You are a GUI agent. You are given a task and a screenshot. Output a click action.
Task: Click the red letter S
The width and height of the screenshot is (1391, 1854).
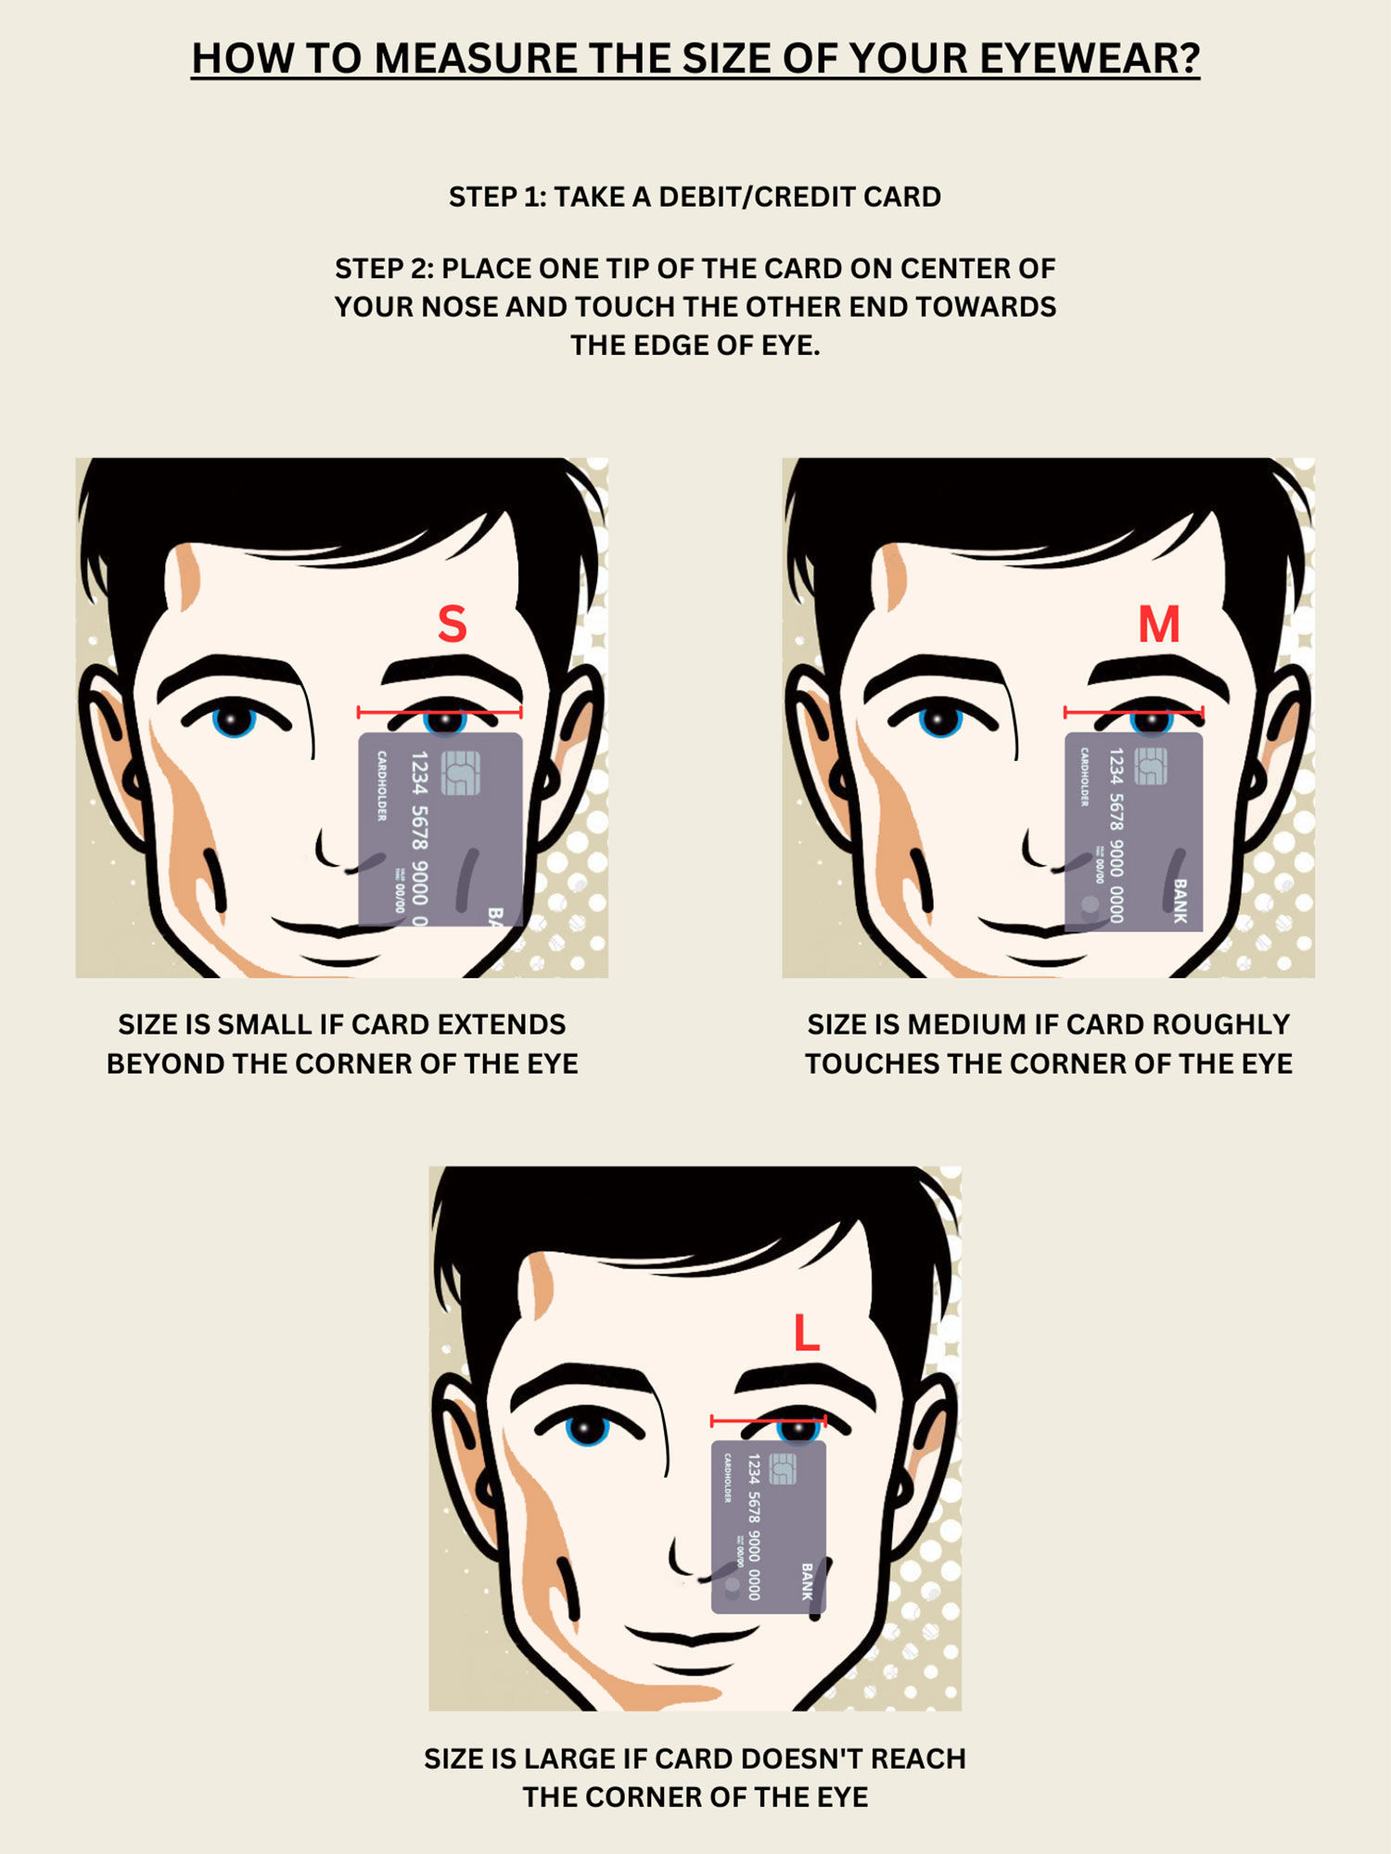click(x=452, y=624)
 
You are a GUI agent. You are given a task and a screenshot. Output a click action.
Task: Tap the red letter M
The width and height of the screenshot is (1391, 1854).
click(x=1158, y=624)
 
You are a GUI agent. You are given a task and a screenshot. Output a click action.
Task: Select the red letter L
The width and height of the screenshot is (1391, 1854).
click(x=807, y=1334)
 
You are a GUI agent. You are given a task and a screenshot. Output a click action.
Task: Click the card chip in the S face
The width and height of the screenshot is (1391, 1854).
click(x=461, y=773)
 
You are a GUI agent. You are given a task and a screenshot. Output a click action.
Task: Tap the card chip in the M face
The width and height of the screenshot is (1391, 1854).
click(x=1150, y=767)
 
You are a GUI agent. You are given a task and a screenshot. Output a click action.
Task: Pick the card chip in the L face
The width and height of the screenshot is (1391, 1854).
click(x=784, y=1469)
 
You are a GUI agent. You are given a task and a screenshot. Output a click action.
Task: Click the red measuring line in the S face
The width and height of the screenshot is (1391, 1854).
click(x=440, y=712)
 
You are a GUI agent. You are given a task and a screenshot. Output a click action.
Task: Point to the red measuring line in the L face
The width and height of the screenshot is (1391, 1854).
click(x=768, y=1420)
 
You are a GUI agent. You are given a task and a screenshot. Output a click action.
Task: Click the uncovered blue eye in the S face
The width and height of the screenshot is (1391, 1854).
click(x=234, y=718)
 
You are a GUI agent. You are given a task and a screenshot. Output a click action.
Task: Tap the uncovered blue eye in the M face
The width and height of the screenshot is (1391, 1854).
click(x=940, y=718)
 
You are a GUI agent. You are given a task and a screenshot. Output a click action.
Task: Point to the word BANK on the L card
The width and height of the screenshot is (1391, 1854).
click(x=807, y=1581)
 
